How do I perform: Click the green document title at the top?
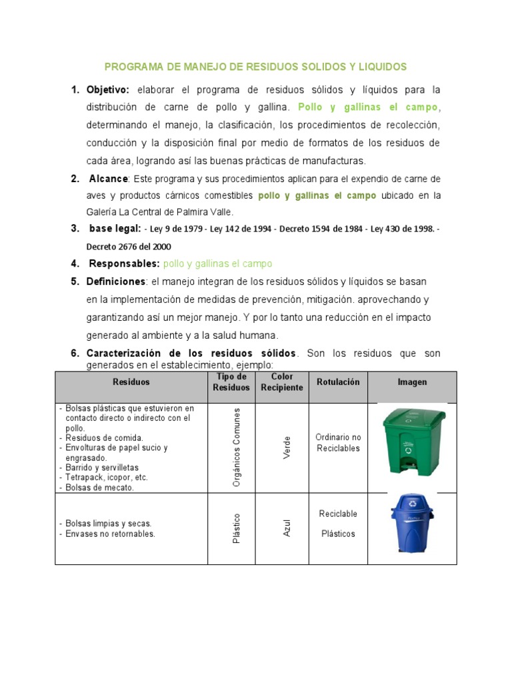coord(255,67)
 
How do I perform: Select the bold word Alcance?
coord(109,179)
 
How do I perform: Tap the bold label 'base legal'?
coord(114,229)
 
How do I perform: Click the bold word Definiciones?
coord(116,281)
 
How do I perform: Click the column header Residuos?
coord(131,382)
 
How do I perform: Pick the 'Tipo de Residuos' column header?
coord(231,382)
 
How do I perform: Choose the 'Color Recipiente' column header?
coord(281,382)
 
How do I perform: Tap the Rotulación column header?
coord(338,382)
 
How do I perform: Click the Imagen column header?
coord(412,382)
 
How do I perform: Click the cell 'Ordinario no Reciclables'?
coord(338,443)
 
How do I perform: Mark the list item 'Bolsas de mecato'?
coord(100,488)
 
